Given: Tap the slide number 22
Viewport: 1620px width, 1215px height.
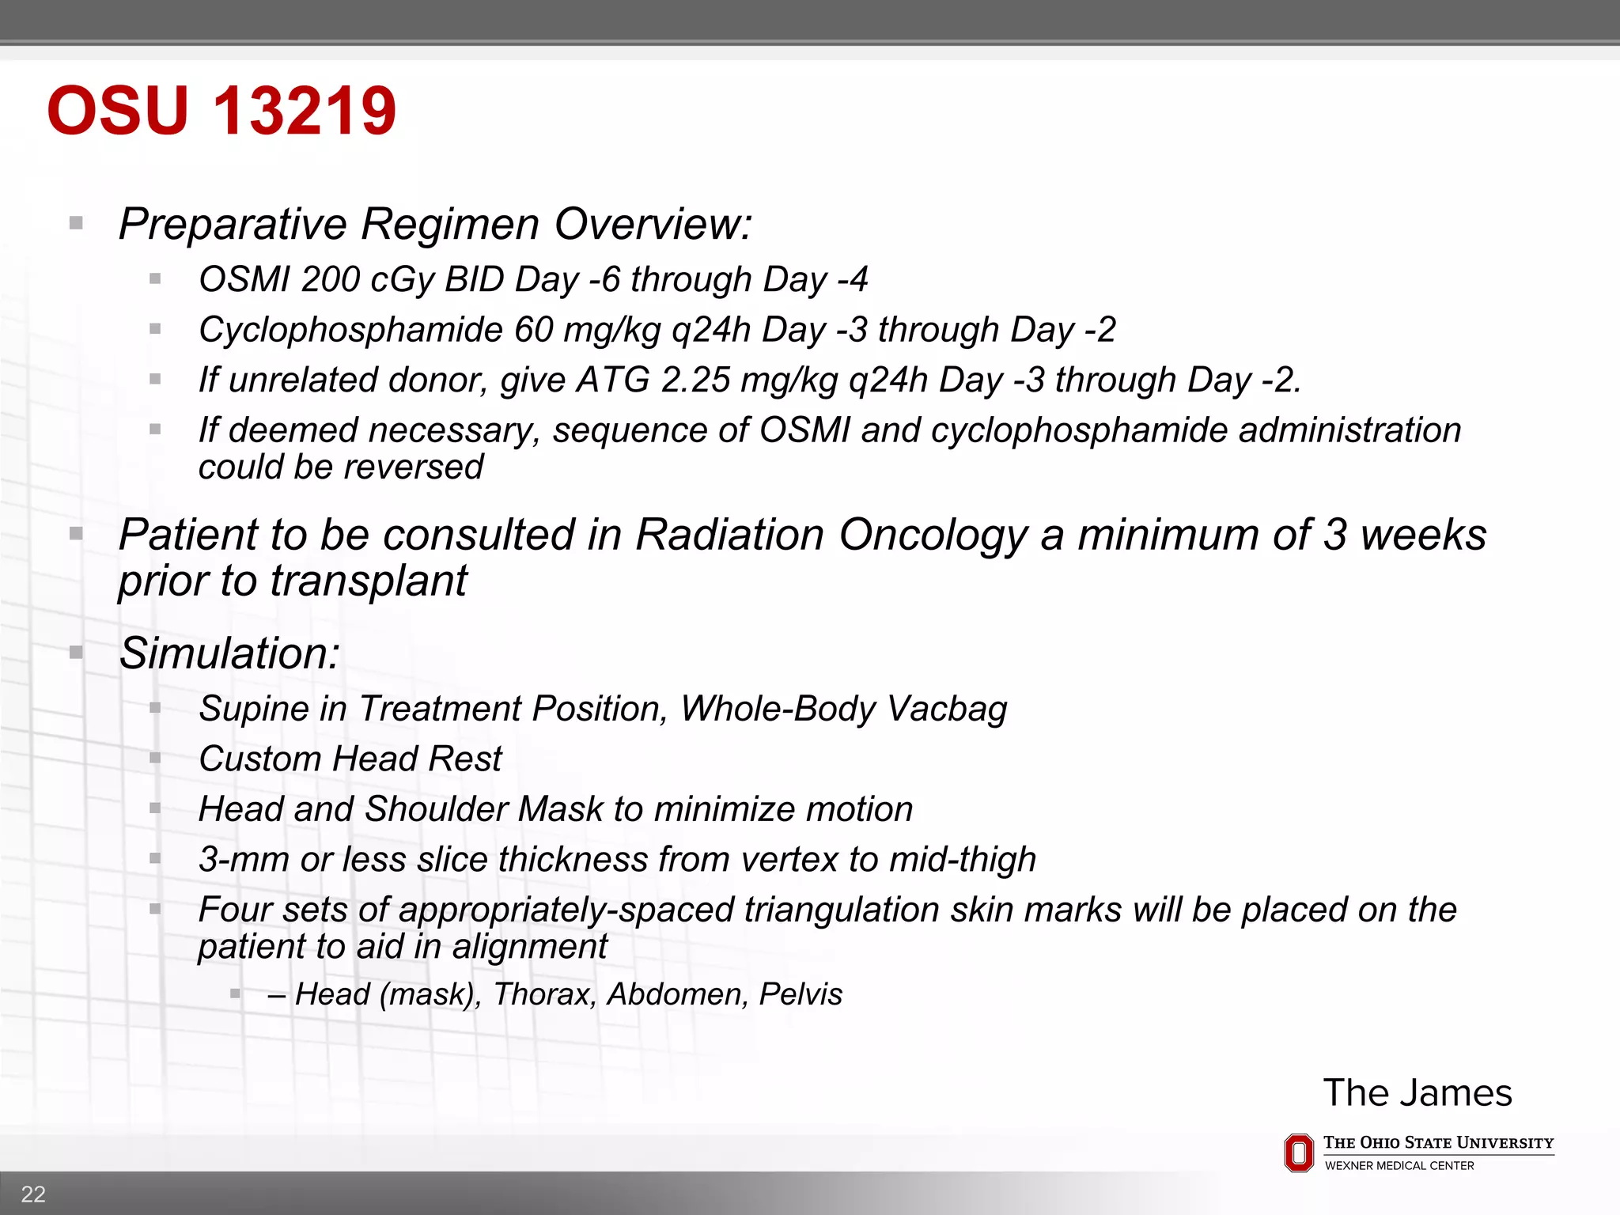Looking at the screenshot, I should pos(33,1194).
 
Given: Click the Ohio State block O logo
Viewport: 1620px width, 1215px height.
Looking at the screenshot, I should pos(1298,1153).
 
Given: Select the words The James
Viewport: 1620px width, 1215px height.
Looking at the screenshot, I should pos(1417,1093).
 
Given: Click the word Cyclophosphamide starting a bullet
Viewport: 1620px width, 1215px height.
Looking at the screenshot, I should pos(351,330).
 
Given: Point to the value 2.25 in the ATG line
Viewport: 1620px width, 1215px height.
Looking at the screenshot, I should pos(695,380).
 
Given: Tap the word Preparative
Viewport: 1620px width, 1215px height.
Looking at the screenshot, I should pos(233,224).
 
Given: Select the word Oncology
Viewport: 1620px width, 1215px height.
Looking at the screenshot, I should pos(933,535).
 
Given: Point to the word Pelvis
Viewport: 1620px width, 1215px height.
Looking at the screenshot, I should pos(801,994).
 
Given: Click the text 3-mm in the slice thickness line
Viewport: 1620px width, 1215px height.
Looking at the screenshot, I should pos(244,860).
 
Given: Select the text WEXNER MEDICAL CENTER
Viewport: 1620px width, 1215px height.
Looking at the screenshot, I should pos(1399,1166).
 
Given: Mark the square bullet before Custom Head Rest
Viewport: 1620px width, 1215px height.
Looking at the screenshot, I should pos(155,759).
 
